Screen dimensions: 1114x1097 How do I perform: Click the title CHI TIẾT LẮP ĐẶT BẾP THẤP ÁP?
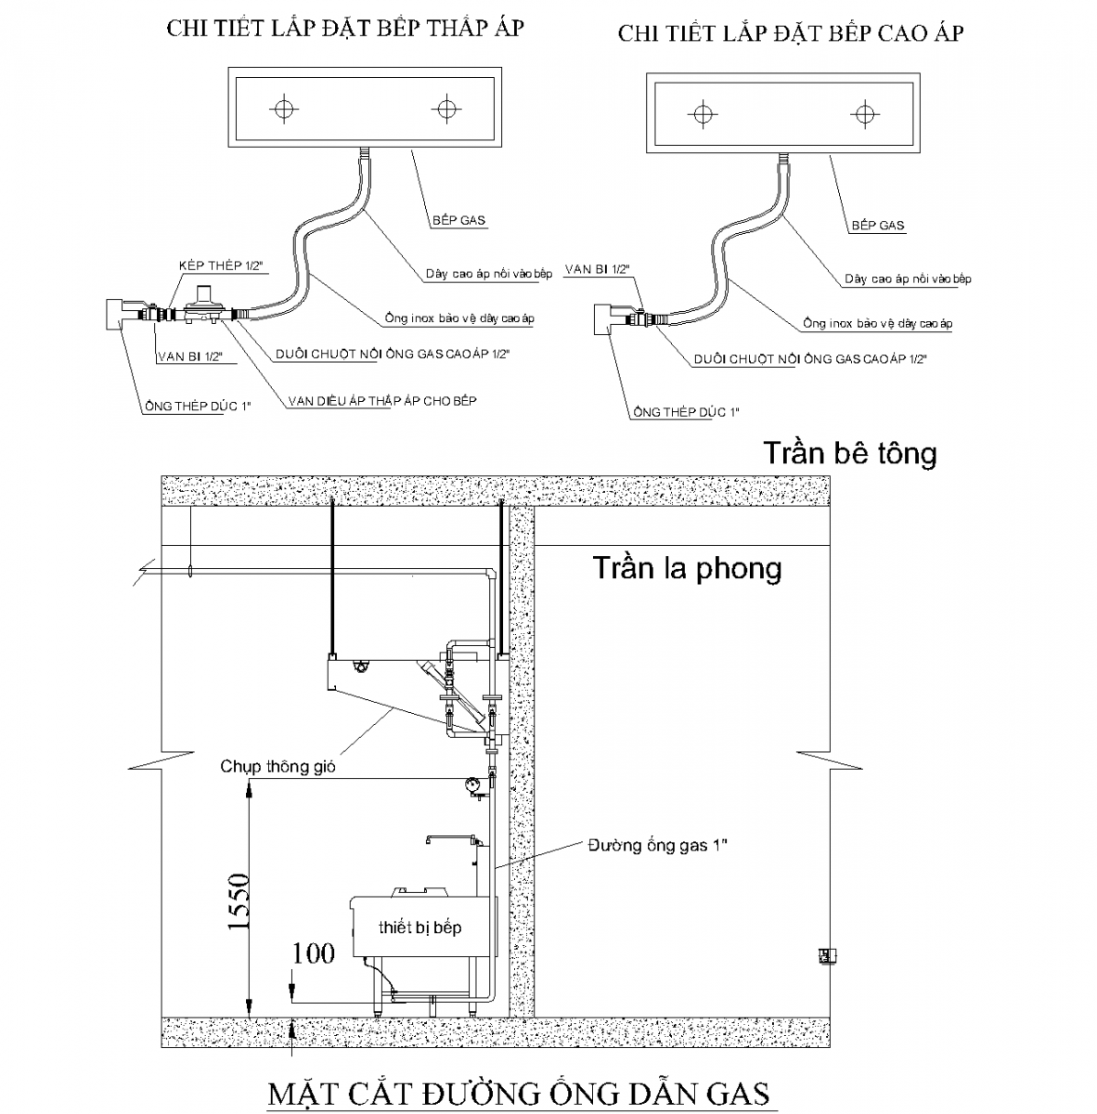pos(345,28)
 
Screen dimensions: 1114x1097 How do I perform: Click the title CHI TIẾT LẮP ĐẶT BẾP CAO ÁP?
pos(791,34)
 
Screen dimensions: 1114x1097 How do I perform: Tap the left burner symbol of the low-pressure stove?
pos(284,109)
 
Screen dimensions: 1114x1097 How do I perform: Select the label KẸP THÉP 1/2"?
pos(222,266)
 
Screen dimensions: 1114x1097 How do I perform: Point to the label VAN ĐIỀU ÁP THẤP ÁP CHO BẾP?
pos(382,401)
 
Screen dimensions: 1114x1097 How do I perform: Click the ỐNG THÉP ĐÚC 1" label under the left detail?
pos(198,406)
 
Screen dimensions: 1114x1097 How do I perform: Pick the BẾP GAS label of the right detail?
pos(878,226)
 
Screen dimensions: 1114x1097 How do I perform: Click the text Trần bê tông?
pos(849,453)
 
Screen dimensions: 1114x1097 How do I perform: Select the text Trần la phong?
pos(687,567)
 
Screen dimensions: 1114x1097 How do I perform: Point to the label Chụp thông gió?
pos(277,767)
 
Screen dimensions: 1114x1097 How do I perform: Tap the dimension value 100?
pos(314,953)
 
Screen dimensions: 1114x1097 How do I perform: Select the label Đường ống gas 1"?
pos(657,845)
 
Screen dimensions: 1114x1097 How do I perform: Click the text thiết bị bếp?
pos(419,927)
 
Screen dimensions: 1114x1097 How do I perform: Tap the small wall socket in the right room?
pos(823,955)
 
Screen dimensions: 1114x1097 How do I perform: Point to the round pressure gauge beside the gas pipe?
pos(474,784)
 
